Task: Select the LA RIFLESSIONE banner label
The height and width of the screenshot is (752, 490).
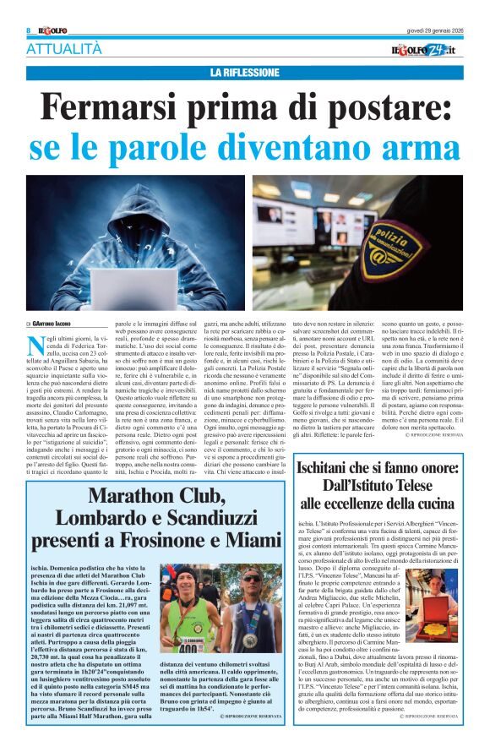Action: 245,73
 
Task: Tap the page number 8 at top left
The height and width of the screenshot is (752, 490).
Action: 29,30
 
